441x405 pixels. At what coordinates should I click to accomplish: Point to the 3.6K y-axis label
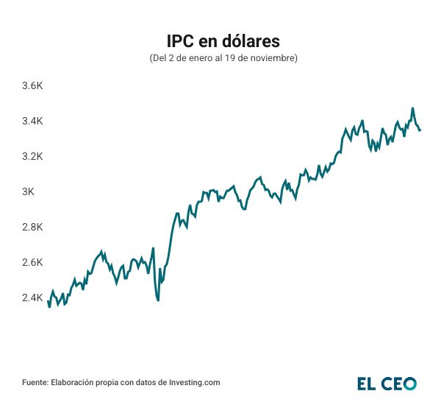click(x=33, y=85)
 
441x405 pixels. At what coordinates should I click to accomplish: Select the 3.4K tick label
click(x=33, y=121)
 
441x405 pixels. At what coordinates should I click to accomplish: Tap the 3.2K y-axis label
click(x=33, y=156)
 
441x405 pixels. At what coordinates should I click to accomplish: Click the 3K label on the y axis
click(x=28, y=191)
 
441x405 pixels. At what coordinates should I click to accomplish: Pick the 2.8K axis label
click(x=33, y=227)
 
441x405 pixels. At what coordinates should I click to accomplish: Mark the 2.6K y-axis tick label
click(x=33, y=262)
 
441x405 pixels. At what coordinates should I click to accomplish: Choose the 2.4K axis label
click(x=33, y=297)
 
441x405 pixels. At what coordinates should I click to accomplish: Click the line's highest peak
click(x=412, y=108)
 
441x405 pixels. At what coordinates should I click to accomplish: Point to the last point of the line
click(x=420, y=130)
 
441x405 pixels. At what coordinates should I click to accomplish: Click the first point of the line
click(x=48, y=300)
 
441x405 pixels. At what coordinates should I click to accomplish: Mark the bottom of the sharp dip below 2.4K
click(x=158, y=300)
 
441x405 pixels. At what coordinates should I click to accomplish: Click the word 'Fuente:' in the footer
click(x=35, y=383)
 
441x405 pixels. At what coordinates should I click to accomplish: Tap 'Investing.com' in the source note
click(x=195, y=383)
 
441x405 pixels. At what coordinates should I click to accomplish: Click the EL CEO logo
click(x=387, y=383)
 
